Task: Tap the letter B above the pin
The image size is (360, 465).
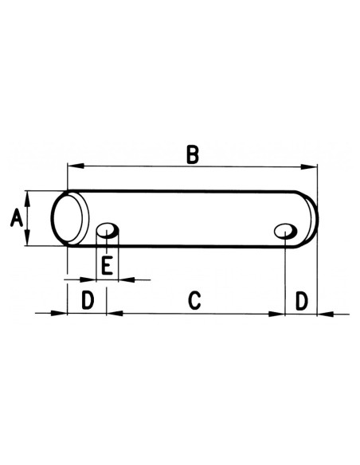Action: tap(192, 154)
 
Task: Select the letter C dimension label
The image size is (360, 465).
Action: tap(194, 301)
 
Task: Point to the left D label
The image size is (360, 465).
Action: tap(88, 301)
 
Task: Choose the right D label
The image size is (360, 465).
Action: tap(301, 301)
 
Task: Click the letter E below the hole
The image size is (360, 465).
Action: tap(107, 265)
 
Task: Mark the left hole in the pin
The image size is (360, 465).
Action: tap(107, 232)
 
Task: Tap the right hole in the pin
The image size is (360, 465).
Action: tap(284, 231)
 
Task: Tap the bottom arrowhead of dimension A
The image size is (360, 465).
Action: tap(28, 241)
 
